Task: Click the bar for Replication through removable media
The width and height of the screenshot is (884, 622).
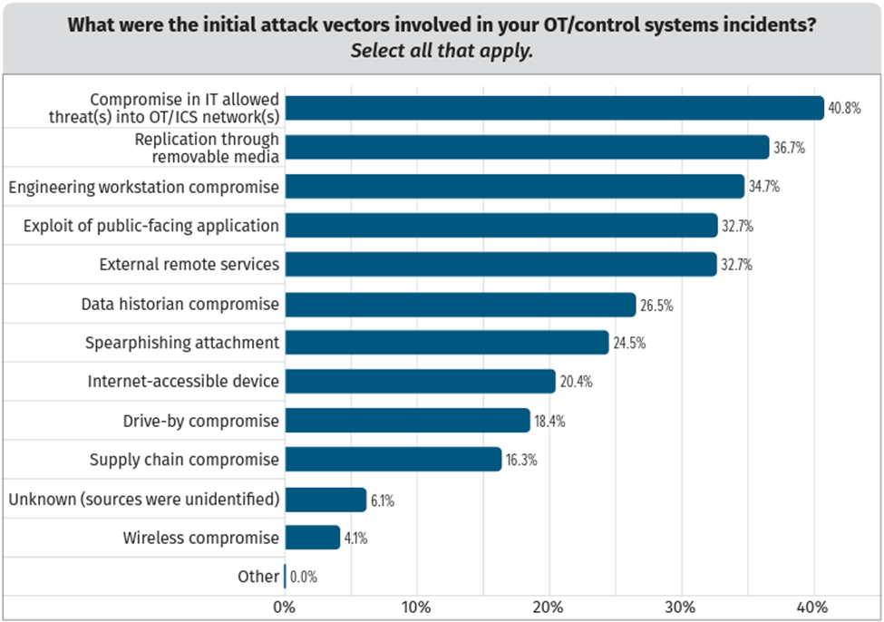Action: [x=527, y=147]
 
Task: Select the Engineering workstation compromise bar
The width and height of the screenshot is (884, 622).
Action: [x=514, y=187]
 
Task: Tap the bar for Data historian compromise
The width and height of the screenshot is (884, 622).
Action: [x=460, y=305]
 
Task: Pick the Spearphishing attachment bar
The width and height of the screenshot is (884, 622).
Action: [x=446, y=343]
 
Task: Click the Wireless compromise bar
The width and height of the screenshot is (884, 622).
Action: [x=312, y=538]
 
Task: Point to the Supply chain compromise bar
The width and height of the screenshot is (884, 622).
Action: [x=393, y=460]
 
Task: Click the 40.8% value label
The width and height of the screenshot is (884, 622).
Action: [x=839, y=109]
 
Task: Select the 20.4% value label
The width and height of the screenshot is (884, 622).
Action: [x=576, y=382]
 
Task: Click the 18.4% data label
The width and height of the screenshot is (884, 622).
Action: [x=549, y=422]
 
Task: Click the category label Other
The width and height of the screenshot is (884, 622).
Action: [x=258, y=577]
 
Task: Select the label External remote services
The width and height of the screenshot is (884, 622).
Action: [x=189, y=265]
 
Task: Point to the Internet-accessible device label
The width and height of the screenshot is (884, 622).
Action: [x=183, y=382]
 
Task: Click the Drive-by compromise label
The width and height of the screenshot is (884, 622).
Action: [x=200, y=421]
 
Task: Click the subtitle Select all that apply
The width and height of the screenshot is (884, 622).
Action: [x=442, y=51]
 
